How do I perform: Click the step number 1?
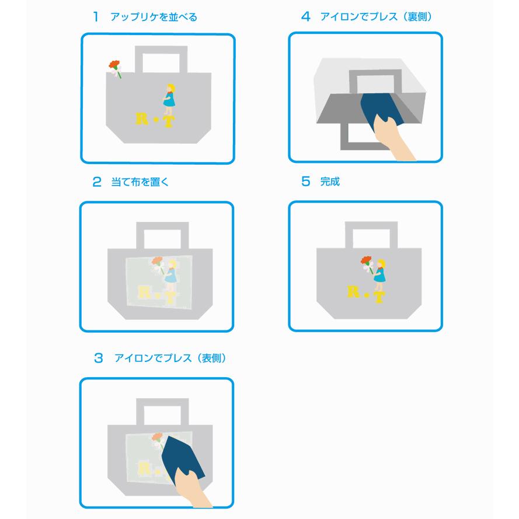pyautogui.click(x=95, y=17)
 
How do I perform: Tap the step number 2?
pyautogui.click(x=97, y=182)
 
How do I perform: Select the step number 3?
pyautogui.click(x=98, y=357)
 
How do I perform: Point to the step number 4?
pyautogui.click(x=305, y=17)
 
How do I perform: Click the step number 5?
pyautogui.click(x=305, y=182)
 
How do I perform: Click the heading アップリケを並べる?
pyautogui.click(x=154, y=18)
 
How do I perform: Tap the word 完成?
pyautogui.click(x=330, y=182)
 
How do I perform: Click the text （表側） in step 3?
pyautogui.click(x=210, y=358)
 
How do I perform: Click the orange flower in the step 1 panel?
pyautogui.click(x=114, y=65)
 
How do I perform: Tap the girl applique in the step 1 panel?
pyautogui.click(x=169, y=97)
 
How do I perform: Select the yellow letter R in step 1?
pyautogui.click(x=142, y=119)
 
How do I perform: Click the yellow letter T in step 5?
pyautogui.click(x=378, y=297)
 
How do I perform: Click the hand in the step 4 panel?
pyautogui.click(x=393, y=138)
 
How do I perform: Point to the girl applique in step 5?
pyautogui.click(x=379, y=272)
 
